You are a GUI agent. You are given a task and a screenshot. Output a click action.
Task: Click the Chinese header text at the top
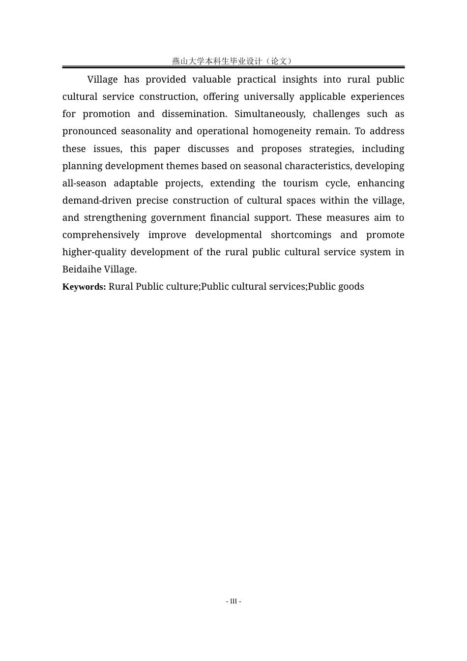pos(233,61)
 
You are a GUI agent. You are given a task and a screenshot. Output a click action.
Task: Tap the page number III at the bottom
pos(233,601)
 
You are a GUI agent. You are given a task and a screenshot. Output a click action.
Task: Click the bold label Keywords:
pos(84,287)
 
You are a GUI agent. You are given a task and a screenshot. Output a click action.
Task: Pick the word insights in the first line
pos(299,80)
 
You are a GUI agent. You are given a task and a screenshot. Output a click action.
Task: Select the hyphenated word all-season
pos(84,183)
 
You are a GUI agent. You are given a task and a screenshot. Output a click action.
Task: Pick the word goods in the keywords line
pos(351,287)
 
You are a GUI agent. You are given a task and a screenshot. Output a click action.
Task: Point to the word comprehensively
pos(101,235)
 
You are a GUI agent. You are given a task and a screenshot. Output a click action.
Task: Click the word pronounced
pos(89,131)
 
